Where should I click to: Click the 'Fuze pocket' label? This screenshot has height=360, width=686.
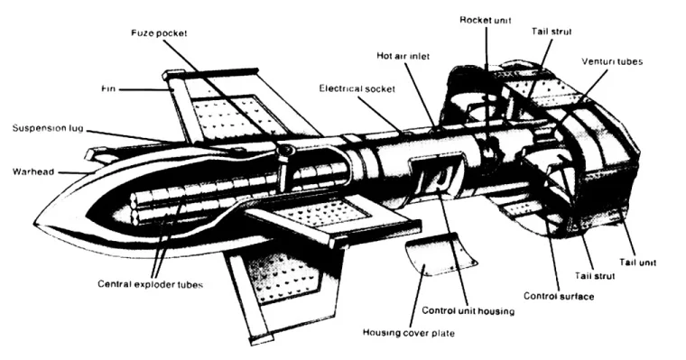159,33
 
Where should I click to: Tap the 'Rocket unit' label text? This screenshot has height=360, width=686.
486,20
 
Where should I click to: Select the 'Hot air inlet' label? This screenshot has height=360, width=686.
403,56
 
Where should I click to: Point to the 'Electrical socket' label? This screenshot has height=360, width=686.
357,88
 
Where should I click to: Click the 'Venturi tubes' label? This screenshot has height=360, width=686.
612,61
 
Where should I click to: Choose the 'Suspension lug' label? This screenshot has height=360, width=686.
48,129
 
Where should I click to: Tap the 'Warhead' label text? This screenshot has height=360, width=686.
33,171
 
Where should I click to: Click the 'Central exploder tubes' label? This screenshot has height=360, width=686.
150,284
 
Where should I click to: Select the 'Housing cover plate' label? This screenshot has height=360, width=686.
409,333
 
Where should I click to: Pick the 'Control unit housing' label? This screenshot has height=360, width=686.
468,311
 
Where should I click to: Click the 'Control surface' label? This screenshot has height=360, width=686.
559,296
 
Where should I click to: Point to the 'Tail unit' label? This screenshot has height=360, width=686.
637,263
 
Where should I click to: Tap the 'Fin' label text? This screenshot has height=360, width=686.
108,88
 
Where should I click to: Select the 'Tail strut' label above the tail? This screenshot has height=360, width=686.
552,32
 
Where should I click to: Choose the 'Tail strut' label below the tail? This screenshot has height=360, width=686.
595,276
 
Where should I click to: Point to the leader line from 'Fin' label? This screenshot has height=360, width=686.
145,89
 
